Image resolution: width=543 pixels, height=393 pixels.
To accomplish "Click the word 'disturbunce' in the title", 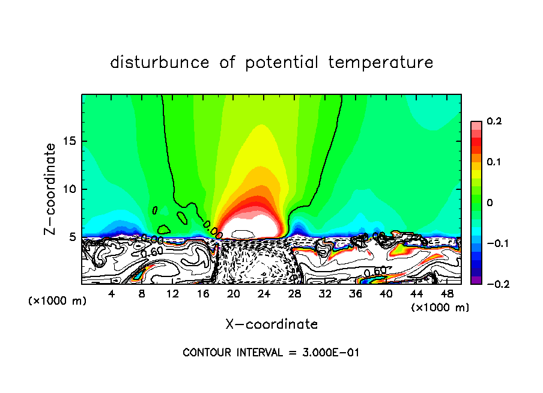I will (x=160, y=62).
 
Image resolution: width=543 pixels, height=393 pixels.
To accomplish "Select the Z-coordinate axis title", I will (x=50, y=189).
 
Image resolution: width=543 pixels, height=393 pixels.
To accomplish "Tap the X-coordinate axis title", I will (x=271, y=324).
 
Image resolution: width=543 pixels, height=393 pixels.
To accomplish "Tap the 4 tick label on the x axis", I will (x=111, y=294).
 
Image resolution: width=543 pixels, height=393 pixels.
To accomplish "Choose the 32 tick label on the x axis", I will (x=324, y=294).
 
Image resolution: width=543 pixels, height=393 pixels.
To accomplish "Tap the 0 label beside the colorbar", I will (x=489, y=203).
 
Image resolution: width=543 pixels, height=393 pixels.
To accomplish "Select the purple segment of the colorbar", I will (x=476, y=279).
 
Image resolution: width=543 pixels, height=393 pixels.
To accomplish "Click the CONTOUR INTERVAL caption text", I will (x=271, y=353).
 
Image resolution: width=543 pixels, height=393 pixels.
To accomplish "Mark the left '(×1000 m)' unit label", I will (x=58, y=301).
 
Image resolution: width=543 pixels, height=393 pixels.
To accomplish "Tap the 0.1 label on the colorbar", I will (x=493, y=162).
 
